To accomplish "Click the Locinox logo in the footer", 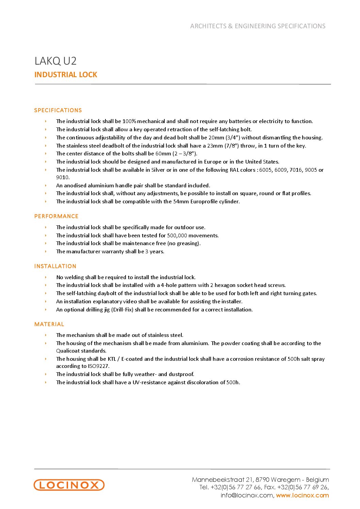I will [69, 485].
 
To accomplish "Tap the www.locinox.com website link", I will [302, 495].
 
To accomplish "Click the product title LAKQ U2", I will [55, 61].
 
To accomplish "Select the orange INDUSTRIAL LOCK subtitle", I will [66, 75].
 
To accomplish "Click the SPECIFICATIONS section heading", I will [58, 110].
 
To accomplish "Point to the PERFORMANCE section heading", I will [56, 216].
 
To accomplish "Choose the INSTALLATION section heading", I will [55, 266].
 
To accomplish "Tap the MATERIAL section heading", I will [49, 324].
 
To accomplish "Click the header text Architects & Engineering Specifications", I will [258, 26].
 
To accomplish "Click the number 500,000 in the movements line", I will [177, 235].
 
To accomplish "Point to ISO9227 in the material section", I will [99, 366].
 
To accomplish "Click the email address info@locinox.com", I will [246, 495].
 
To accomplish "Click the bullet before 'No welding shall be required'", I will [46, 277].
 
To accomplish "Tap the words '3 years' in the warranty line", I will [154, 251].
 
